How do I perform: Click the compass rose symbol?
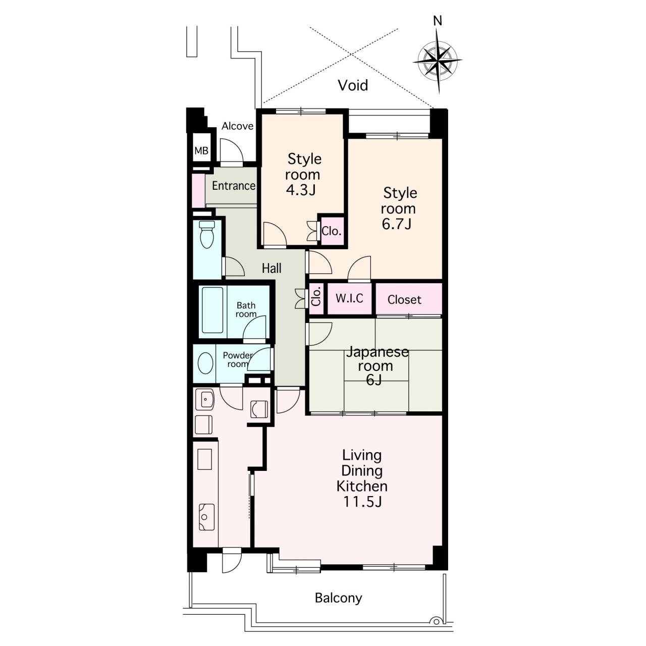click(437, 61)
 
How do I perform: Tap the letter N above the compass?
click(438, 21)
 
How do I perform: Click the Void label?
click(353, 85)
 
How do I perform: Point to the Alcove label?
click(237, 126)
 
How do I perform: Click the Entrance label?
click(233, 185)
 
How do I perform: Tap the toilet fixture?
click(206, 234)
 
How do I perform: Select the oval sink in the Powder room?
click(205, 363)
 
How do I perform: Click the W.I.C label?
click(349, 298)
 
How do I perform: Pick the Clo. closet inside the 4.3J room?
click(331, 231)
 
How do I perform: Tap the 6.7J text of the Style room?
click(396, 224)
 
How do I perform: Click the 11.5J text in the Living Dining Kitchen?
click(362, 511)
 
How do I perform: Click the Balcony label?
click(338, 598)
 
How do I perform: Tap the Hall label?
click(272, 268)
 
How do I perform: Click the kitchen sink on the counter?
click(206, 517)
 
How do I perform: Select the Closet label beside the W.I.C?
click(404, 299)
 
